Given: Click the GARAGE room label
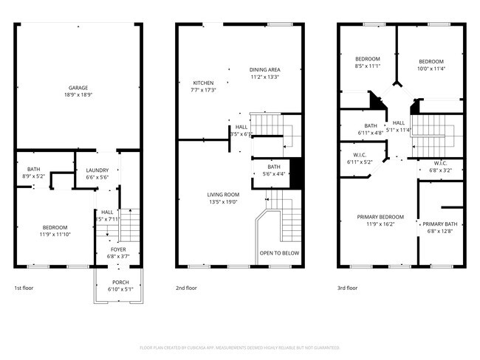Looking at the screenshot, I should click(x=78, y=88).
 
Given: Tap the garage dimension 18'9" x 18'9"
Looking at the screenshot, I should click(x=78, y=96).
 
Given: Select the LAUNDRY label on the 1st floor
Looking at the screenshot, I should click(x=97, y=170).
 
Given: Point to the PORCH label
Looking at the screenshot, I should click(x=120, y=283).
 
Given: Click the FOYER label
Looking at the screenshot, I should click(x=119, y=249).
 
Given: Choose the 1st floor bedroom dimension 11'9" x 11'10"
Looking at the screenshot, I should click(x=55, y=235).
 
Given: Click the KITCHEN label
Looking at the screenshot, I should click(x=203, y=82).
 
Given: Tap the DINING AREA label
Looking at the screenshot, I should click(x=264, y=69).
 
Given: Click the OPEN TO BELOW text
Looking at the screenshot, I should click(x=279, y=253).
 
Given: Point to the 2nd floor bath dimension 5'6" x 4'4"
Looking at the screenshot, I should click(x=273, y=174).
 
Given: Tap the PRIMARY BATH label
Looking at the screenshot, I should click(x=439, y=224).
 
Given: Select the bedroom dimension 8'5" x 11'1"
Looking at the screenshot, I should click(x=367, y=66).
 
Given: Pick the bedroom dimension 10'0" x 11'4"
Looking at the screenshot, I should click(x=431, y=69).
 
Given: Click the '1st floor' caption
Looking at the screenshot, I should click(x=24, y=288).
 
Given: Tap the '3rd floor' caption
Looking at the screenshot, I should click(x=347, y=288).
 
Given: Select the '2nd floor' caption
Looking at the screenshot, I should click(x=186, y=288).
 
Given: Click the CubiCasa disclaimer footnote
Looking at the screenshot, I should click(x=239, y=347).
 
